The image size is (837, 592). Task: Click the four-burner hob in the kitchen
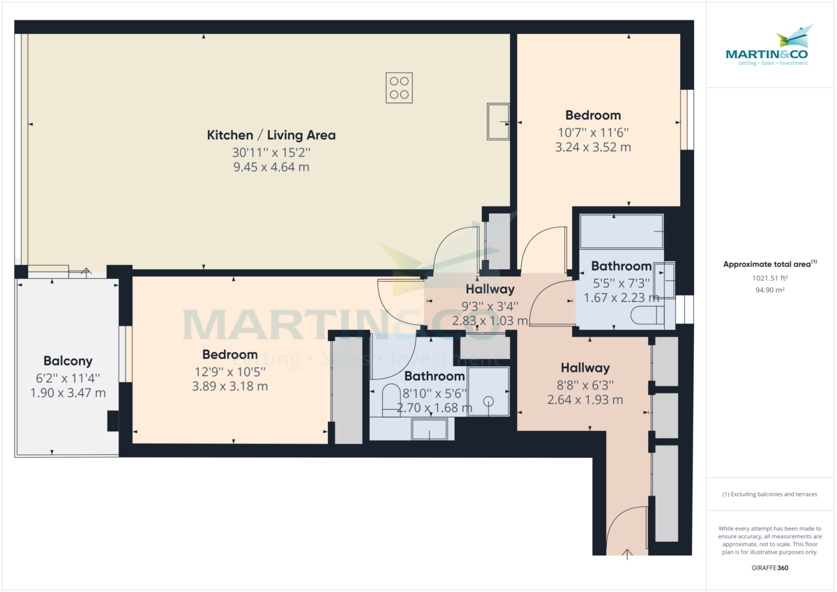[399, 88]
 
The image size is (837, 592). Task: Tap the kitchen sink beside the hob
[498, 122]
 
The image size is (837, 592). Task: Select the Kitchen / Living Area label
[271, 135]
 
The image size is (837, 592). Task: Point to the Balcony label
[68, 360]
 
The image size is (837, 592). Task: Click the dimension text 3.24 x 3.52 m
[593, 147]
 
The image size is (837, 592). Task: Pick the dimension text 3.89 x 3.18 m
[229, 386]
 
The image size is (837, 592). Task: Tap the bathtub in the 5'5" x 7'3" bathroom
[621, 231]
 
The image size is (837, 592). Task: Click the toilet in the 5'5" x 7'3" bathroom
[647, 315]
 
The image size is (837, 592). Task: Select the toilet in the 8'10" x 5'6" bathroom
[391, 400]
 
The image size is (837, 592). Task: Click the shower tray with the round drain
[488, 391]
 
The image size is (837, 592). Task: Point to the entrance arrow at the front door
[627, 554]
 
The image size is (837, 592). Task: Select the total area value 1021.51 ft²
[770, 278]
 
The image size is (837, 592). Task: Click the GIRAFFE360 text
[770, 568]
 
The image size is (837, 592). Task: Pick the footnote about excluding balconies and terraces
[770, 494]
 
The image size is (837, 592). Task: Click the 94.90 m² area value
[770, 290]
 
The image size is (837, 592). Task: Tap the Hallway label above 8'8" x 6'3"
[585, 368]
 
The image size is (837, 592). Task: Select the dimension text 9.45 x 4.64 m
[271, 167]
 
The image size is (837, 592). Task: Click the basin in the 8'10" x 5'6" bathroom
[430, 430]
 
